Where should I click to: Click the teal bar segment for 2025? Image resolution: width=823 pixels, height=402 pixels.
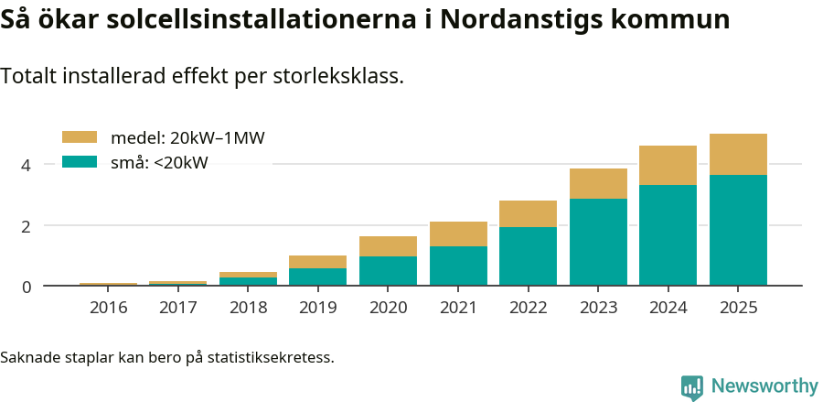[x=738, y=230]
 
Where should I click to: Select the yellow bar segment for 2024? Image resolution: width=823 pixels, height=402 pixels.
[x=668, y=165]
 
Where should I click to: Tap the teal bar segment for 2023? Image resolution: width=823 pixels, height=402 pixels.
[x=598, y=242]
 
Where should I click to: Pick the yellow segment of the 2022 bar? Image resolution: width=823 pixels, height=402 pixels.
[x=528, y=213]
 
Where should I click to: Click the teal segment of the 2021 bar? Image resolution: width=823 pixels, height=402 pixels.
[x=458, y=266]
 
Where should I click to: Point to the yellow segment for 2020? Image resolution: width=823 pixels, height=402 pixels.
[x=388, y=246]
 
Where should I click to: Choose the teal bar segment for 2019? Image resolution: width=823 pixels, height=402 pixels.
[x=317, y=277]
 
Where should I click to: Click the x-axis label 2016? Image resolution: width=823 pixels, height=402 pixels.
[x=108, y=308]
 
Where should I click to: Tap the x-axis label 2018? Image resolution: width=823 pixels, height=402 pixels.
[x=248, y=308]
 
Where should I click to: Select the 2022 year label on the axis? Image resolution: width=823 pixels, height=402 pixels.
[x=528, y=308]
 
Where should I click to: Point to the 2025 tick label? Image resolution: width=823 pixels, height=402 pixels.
[x=738, y=308]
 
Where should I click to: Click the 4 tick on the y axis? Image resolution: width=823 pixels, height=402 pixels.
[x=27, y=165]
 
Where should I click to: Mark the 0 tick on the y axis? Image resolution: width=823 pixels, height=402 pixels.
[x=27, y=287]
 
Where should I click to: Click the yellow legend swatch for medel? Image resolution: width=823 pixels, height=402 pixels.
[x=79, y=137]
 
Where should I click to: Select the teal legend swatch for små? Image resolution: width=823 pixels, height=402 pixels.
[x=79, y=162]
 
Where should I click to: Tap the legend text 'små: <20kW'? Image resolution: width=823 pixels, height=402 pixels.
[x=159, y=163]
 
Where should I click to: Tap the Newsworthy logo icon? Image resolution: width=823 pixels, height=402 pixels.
[x=692, y=386]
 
